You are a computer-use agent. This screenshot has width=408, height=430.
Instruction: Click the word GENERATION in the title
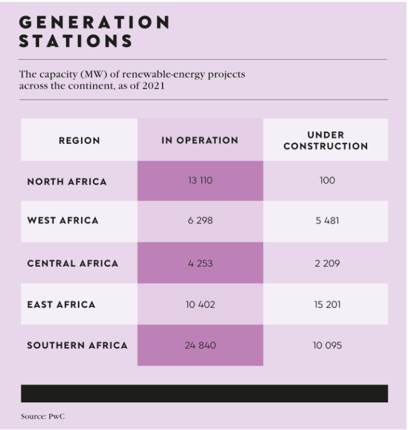[94, 22]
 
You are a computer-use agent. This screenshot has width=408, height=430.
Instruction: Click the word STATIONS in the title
[76, 41]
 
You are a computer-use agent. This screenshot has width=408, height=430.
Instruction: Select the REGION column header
[79, 141]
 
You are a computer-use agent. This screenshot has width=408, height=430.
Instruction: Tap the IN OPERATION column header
[200, 141]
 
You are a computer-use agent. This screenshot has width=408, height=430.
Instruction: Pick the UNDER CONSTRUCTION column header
[326, 141]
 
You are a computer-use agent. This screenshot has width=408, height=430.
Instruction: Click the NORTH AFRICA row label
[67, 181]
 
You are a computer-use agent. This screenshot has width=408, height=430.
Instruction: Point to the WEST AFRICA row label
[63, 220]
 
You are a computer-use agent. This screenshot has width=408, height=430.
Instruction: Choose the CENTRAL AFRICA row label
[73, 263]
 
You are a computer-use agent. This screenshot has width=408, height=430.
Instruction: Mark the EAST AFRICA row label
[62, 304]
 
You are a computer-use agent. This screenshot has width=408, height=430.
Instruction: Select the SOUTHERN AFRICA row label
[77, 345]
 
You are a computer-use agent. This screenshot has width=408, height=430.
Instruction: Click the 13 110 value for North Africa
[200, 181]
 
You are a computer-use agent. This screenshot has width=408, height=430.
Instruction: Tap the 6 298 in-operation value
[200, 221]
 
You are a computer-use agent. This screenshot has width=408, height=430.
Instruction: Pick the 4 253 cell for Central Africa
[200, 263]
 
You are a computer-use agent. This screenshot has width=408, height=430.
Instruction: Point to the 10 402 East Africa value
[200, 304]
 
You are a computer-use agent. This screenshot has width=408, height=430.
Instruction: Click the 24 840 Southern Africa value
[200, 345]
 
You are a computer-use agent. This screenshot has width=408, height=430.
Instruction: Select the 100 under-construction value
[327, 181]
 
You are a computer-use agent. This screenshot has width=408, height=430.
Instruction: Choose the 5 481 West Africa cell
[327, 221]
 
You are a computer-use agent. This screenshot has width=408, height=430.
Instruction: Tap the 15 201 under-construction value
[327, 304]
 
